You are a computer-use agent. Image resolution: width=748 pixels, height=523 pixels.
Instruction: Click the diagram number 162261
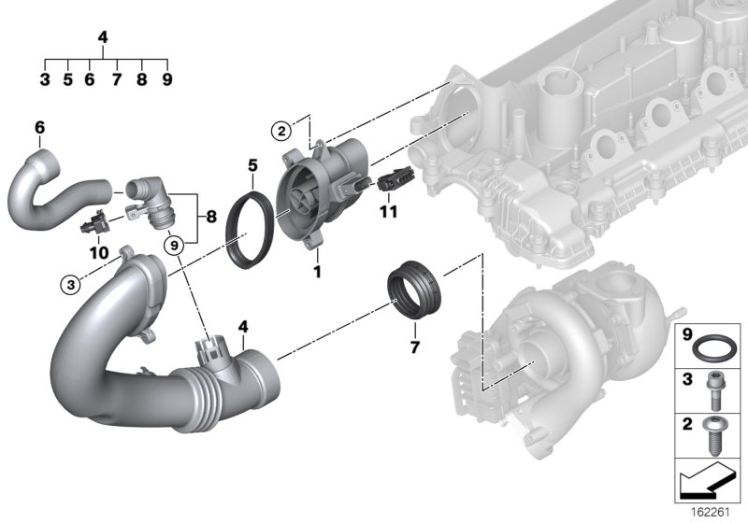716,512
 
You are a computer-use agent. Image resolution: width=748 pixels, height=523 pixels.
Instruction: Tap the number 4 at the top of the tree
103,38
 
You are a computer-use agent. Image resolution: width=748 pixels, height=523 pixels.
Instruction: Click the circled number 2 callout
280,129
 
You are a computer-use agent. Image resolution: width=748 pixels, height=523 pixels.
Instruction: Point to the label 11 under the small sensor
389,212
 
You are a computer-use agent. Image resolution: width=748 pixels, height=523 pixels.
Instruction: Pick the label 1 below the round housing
316,272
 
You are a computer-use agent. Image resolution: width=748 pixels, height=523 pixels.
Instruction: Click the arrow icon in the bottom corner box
709,483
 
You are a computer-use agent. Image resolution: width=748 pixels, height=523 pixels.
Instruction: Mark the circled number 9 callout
173,245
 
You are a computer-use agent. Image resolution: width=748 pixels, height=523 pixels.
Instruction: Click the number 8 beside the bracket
211,217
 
